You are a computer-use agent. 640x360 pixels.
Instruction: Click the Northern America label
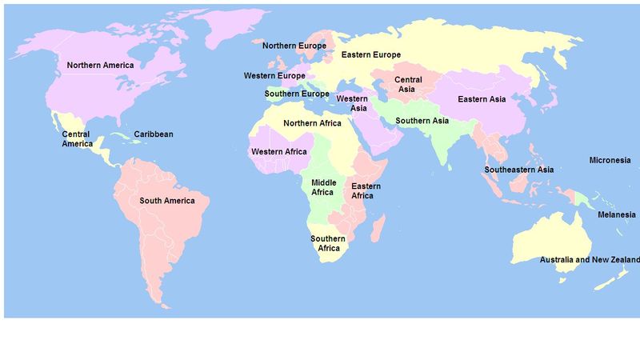tap(100, 65)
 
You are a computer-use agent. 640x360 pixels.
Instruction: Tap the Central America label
tap(76, 139)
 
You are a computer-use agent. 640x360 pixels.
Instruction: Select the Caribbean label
tap(153, 134)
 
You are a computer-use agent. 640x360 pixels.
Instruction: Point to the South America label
tap(167, 201)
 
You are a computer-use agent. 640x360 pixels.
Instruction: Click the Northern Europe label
tap(294, 46)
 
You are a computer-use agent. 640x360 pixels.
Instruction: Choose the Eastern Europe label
tap(370, 54)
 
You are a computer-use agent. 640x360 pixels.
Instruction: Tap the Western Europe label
tap(274, 76)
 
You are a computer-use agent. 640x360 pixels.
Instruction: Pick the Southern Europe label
tap(298, 94)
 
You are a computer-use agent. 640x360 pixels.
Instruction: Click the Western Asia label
tap(352, 103)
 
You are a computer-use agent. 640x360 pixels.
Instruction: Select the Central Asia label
tap(408, 84)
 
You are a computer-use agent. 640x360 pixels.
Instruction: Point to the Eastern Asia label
tap(482, 99)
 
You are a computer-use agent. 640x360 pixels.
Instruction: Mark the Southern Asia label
tap(422, 121)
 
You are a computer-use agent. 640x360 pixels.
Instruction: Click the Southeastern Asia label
tap(518, 170)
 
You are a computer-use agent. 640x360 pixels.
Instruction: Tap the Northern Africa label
tap(312, 123)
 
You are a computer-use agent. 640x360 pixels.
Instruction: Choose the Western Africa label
tap(278, 152)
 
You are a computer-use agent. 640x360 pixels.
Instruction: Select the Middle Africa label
tap(322, 187)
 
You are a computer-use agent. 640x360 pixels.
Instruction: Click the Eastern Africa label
tap(366, 190)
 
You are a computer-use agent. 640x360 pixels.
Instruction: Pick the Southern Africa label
tap(328, 243)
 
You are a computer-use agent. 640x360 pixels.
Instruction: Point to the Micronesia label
tap(610, 160)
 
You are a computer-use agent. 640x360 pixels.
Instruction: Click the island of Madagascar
tap(376, 228)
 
